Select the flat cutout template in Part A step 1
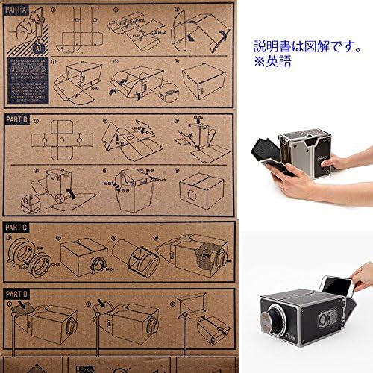tap(71, 30)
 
